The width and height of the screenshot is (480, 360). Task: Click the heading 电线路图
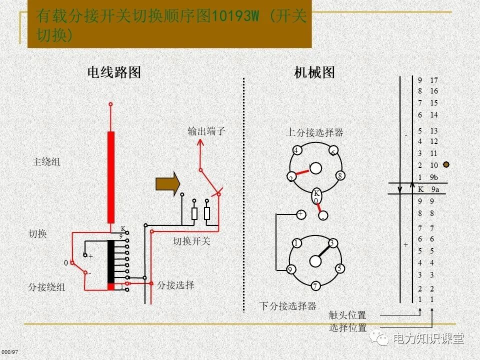[114, 72]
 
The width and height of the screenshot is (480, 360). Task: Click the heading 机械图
[314, 72]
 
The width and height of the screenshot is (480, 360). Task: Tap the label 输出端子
[206, 131]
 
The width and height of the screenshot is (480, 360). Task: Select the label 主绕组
[46, 162]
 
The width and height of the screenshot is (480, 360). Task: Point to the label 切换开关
[192, 241]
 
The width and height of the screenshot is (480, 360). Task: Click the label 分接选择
[175, 285]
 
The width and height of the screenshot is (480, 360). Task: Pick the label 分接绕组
[46, 287]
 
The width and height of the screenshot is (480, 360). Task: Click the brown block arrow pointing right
[167, 184]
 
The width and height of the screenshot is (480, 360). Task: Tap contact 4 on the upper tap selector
[296, 150]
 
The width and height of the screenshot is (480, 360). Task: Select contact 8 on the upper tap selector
[339, 175]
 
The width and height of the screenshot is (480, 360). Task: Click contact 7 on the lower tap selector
[315, 286]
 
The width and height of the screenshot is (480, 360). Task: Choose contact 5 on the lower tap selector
[339, 268]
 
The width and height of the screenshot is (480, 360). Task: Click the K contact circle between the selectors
[316, 193]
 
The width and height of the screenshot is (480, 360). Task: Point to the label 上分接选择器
[314, 132]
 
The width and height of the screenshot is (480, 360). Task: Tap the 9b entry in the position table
[434, 177]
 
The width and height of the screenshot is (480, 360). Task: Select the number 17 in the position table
[433, 80]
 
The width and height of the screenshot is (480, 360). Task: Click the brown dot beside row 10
[446, 164]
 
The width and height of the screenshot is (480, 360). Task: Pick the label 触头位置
[347, 315]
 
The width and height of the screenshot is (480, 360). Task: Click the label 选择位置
[347, 328]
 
